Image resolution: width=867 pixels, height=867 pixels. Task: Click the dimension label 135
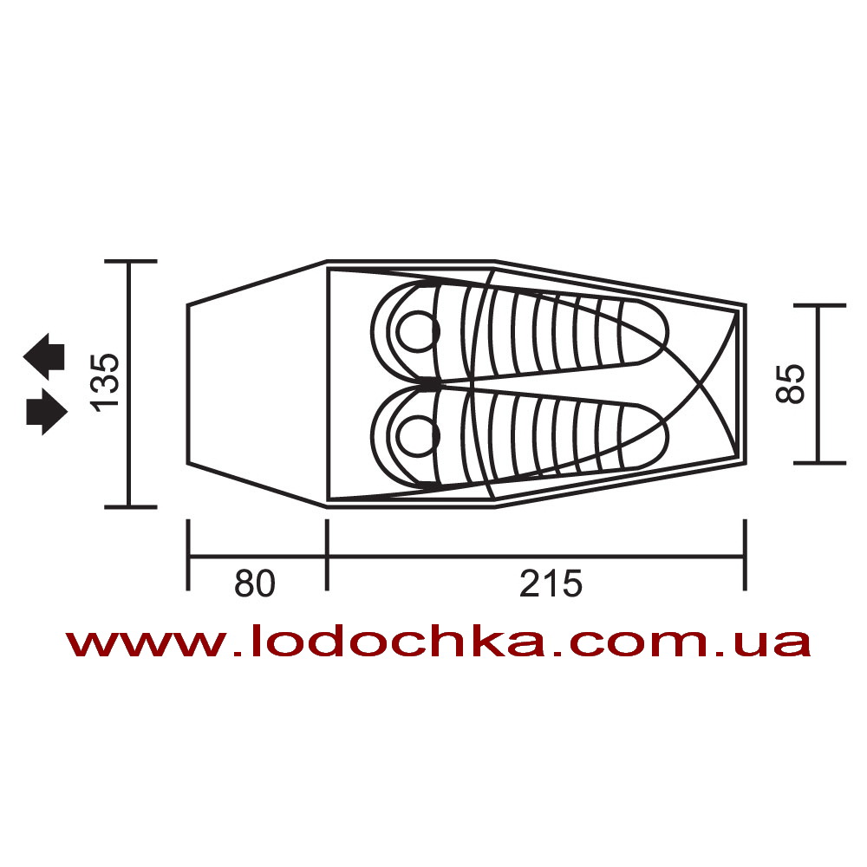[105, 382]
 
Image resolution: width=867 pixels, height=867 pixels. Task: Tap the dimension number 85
[790, 384]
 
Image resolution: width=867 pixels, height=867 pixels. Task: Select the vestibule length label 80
[255, 583]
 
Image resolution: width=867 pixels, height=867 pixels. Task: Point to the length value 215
[551, 583]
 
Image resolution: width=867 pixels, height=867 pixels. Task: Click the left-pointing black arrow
[44, 356]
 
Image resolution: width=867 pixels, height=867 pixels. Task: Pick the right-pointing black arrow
[47, 412]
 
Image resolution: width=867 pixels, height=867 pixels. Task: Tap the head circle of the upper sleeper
[418, 332]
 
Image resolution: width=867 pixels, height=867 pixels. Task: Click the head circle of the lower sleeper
[418, 437]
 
